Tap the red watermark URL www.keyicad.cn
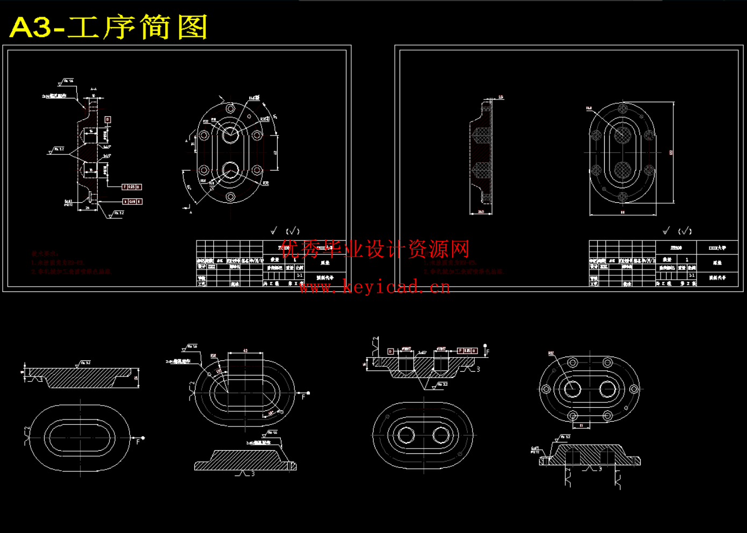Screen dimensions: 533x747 (x=374, y=287)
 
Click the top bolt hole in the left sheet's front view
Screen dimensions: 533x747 (x=230, y=109)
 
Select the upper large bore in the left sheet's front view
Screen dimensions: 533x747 (x=230, y=134)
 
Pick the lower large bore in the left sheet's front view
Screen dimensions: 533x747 (x=230, y=171)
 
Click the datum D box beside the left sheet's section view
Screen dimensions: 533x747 (x=107, y=119)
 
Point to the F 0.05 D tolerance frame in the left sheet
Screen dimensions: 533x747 (x=132, y=187)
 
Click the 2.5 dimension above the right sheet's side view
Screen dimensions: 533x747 (x=501, y=97)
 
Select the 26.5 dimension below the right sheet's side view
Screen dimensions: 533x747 (x=481, y=212)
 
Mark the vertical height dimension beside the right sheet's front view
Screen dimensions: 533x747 (x=671, y=153)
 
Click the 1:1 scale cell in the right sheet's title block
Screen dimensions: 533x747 (x=692, y=275)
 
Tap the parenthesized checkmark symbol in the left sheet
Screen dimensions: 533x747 (x=293, y=231)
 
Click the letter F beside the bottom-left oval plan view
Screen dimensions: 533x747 (x=138, y=442)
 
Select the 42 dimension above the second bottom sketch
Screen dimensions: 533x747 (x=245, y=351)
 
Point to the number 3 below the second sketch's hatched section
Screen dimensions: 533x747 (x=253, y=474)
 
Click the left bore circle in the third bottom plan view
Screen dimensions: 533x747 (x=407, y=435)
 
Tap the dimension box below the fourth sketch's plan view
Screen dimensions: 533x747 (x=581, y=425)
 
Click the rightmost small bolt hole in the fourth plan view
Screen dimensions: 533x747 (x=634, y=389)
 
